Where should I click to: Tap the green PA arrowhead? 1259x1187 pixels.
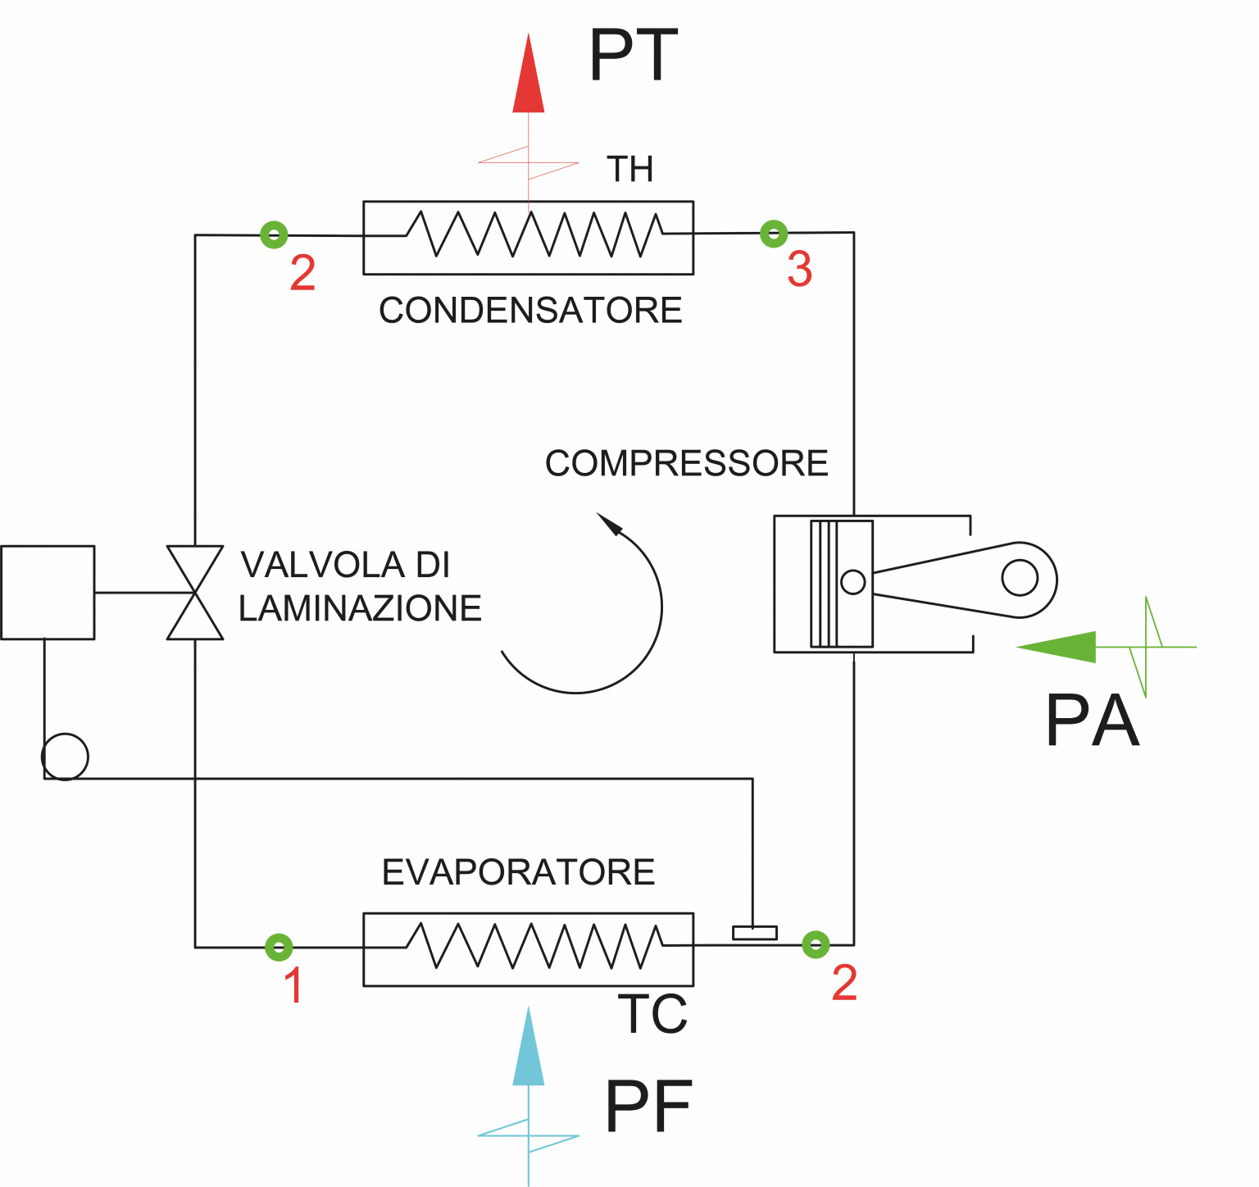pos(1057,647)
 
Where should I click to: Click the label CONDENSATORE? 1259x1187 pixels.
pos(530,310)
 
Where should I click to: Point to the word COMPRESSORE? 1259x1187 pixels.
pos(687,463)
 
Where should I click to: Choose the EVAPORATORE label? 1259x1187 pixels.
pos(519,871)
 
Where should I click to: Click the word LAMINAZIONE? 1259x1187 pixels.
pos(360,608)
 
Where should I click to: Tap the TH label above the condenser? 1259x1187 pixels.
pos(629,169)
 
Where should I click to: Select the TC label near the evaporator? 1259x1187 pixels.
pos(652,1014)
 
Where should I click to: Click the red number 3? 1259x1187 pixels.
pos(799,270)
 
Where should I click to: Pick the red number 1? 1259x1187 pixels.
pos(293,985)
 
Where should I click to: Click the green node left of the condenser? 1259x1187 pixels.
pos(275,235)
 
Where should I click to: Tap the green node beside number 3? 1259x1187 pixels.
pos(774,234)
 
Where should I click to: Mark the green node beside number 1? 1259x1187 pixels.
pos(280,948)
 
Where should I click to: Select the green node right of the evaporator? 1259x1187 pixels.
pos(816,944)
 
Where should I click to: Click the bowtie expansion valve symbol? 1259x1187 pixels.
pos(195,593)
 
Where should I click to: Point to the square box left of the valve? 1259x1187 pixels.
pos(48,593)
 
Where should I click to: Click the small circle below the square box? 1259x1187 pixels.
pos(65,757)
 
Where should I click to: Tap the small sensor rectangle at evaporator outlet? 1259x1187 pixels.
pos(755,933)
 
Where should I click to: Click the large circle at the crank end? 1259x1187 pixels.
pos(1020,578)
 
